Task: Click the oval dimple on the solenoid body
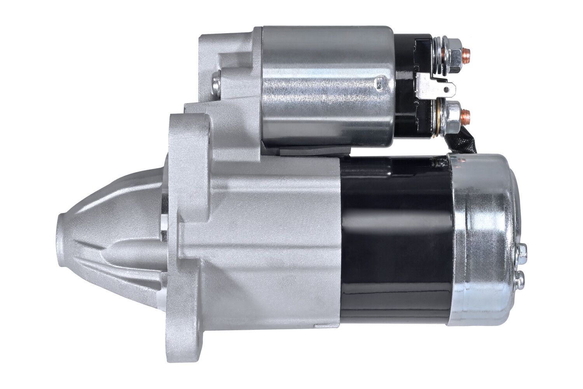tap(379, 82)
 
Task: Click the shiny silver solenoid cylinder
tap(326, 86)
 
